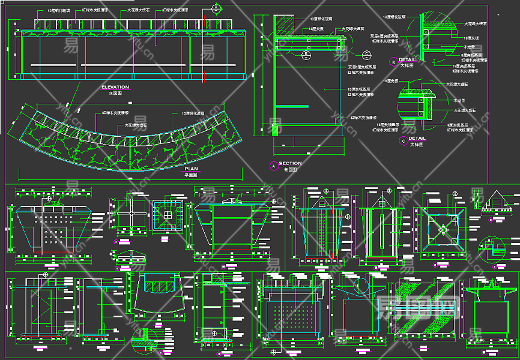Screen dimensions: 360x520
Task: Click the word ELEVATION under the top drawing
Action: pos(115,88)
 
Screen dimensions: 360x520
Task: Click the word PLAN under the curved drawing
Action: pos(191,170)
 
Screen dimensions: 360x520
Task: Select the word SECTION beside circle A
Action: pos(290,164)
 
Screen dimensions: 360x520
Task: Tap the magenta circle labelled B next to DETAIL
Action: pos(393,61)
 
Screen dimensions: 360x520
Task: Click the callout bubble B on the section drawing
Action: pos(306,55)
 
